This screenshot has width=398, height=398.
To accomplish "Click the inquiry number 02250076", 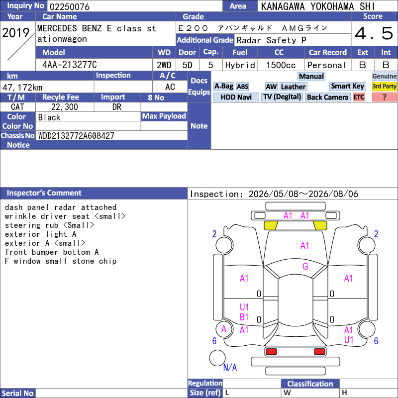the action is pyautogui.click(x=70, y=6).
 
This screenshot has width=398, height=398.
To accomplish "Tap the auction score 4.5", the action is pyautogui.click(x=374, y=33).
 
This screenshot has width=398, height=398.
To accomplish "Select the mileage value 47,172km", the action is pyautogui.click(x=22, y=88).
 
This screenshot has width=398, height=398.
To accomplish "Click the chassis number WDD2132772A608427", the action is pyautogui.click(x=76, y=136).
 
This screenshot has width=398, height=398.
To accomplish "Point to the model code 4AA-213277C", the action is pyautogui.click(x=70, y=65).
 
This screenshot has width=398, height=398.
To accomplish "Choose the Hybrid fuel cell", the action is pyautogui.click(x=240, y=65).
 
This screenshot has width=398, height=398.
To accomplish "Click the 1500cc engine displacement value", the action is pyautogui.click(x=281, y=65).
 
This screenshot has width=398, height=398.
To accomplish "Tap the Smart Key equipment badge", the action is pyautogui.click(x=347, y=86).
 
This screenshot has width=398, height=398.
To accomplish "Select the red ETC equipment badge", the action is pyautogui.click(x=359, y=97).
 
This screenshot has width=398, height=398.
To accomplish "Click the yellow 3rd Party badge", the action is pyautogui.click(x=384, y=86).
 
